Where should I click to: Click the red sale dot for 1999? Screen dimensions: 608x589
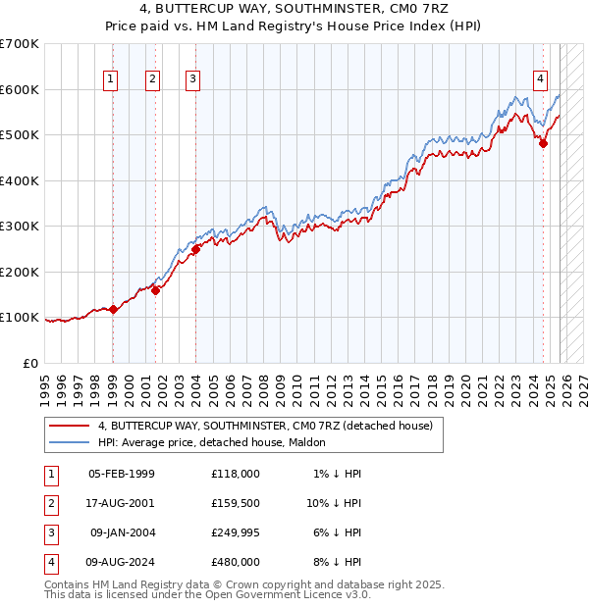[113, 310]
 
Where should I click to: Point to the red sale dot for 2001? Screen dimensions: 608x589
[155, 289]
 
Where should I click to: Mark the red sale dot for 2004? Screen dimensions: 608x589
[195, 249]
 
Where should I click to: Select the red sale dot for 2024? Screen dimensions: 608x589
[544, 143]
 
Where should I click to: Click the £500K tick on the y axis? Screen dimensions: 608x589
[20, 135]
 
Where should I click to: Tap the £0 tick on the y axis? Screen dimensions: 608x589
[30, 364]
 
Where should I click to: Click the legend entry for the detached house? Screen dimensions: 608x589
[265, 426]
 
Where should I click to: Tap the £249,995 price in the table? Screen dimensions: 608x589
[236, 535]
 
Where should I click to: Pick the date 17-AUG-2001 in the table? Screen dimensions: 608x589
[122, 504]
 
